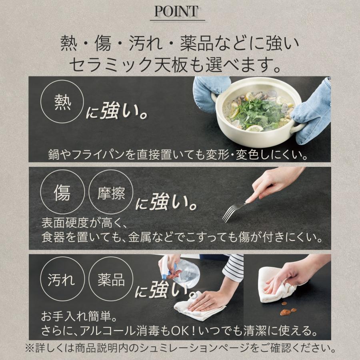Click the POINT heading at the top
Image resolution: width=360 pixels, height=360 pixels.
176,11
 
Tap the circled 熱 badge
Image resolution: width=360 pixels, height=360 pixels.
62,102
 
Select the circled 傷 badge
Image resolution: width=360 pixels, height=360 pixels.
62,192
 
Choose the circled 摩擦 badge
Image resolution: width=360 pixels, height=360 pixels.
111,192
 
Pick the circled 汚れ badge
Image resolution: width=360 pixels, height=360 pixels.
62,279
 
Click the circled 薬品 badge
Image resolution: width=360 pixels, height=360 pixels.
111,279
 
